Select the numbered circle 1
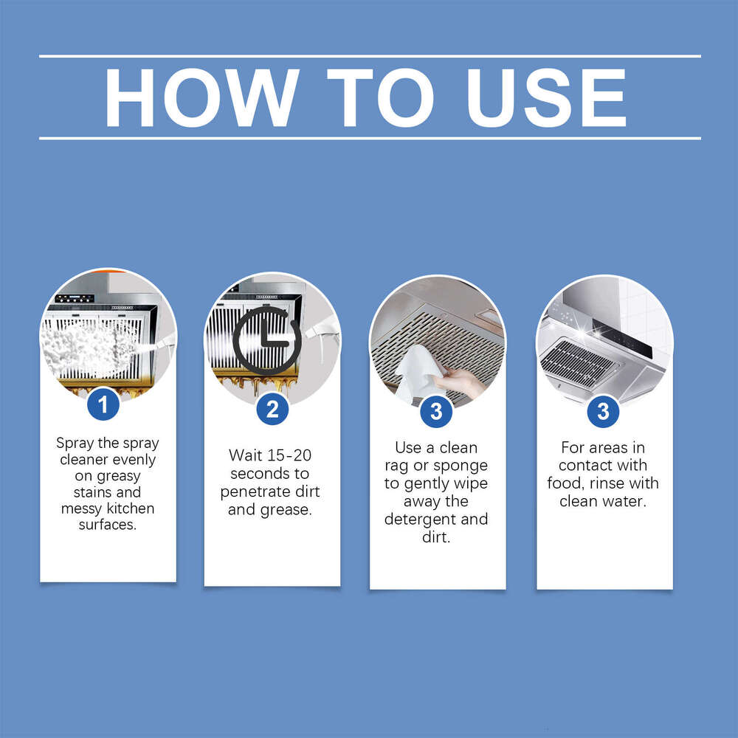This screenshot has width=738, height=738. tap(103, 404)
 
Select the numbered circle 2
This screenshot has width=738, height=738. tap(272, 408)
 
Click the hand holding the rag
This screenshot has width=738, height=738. tap(462, 382)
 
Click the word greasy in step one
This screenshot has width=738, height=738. tap(117, 476)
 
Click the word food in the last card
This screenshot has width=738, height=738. tap(566, 483)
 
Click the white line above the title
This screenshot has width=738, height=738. tap(369, 56)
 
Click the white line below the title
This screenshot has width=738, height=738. tap(369, 138)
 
